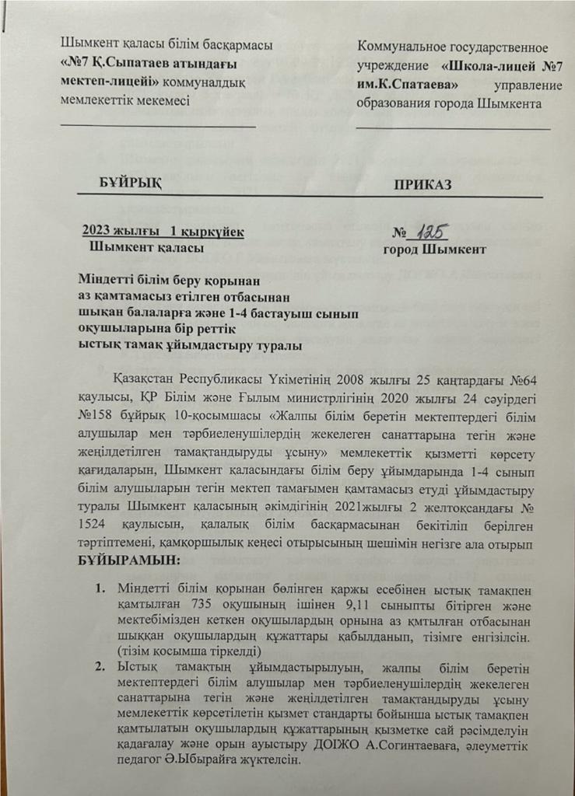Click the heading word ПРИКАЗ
coord(422,184)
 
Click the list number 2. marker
coord(102,665)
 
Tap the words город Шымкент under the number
coord(435,250)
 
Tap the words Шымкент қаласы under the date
coord(148,248)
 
